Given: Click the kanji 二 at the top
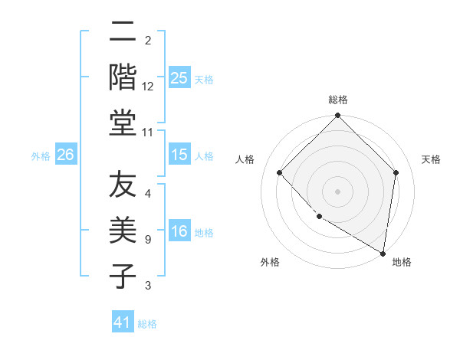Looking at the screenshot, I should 123,32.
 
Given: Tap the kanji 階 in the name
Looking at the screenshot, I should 123,77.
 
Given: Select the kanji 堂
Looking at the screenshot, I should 123,123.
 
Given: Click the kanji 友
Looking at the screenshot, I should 123,186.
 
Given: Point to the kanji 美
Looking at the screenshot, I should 123,231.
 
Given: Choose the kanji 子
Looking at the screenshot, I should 123,277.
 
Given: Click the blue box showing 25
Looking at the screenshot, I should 179,77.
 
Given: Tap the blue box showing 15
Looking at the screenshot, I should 179,155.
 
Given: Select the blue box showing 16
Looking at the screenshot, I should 179,232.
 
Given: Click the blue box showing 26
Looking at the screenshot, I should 65,155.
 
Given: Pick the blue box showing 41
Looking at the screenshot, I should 123,322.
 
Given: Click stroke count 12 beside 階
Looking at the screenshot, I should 148,86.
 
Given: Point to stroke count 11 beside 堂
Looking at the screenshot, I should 148,132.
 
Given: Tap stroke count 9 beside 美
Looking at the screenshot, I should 148,240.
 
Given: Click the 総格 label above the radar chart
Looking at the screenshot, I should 338,100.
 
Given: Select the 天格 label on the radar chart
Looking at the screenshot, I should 432,159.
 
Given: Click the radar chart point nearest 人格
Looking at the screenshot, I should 280,172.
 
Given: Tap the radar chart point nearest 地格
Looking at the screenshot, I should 383,252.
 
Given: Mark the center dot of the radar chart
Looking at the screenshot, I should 337,191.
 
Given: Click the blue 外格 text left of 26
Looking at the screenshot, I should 41,155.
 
